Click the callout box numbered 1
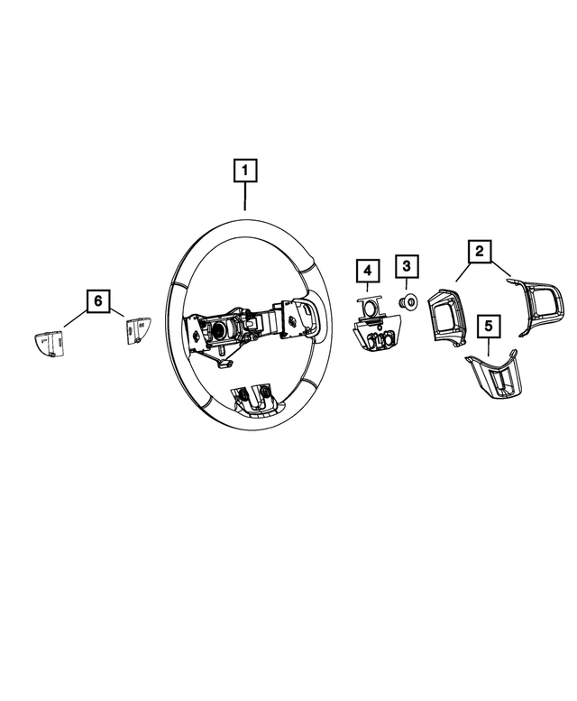[x=244, y=170]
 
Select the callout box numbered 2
[x=480, y=251]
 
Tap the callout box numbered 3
[x=406, y=266]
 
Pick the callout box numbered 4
[x=367, y=269]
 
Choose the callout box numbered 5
[x=489, y=325]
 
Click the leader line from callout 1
[x=244, y=198]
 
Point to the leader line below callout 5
[x=489, y=345]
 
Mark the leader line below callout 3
[x=406, y=285]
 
